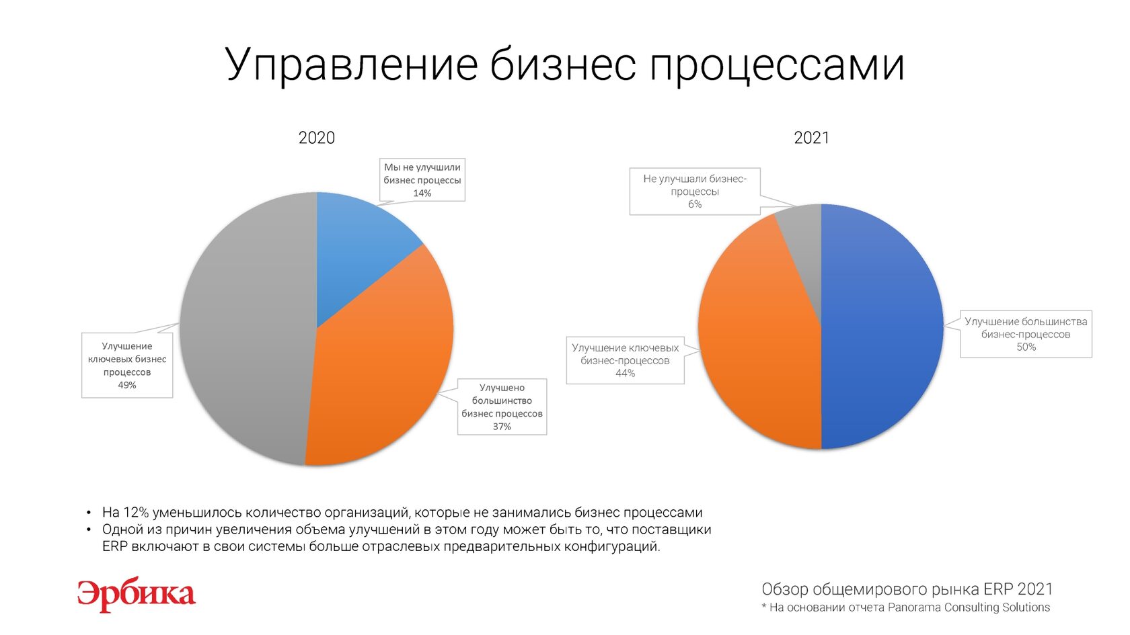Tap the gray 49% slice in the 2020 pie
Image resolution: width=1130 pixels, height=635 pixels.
click(x=248, y=328)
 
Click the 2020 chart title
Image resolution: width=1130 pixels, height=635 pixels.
click(x=317, y=138)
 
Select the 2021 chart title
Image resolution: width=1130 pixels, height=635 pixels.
click(x=811, y=138)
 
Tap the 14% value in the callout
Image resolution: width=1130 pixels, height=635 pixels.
click(x=422, y=194)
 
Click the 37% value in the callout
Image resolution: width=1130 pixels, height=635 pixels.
click(x=502, y=427)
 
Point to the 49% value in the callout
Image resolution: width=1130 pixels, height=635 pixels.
click(x=127, y=386)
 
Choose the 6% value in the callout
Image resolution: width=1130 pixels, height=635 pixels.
click(x=695, y=204)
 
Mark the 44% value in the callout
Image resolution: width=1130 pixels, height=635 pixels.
click(x=625, y=374)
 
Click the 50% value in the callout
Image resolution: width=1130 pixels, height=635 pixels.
click(x=1026, y=347)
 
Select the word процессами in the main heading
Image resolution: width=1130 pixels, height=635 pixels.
click(x=777, y=67)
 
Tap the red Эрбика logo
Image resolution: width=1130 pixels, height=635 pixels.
click(x=136, y=595)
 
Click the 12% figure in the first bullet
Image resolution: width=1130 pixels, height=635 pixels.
click(x=136, y=513)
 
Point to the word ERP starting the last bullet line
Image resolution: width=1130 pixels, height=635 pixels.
click(x=115, y=547)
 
